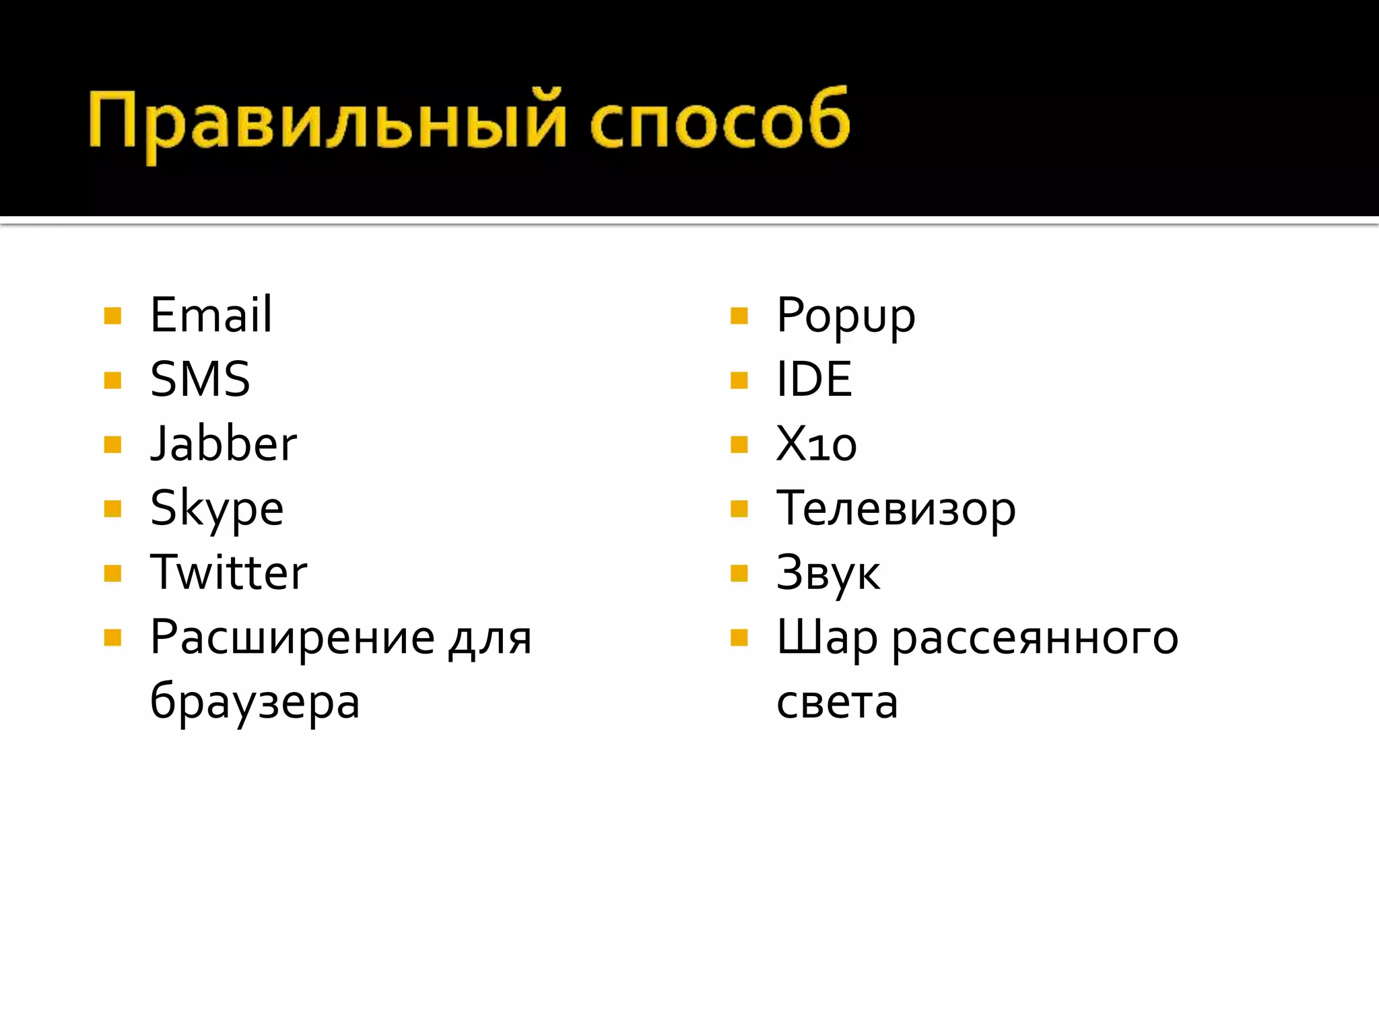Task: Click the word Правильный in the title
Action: [x=327, y=121]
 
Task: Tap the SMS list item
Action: [x=200, y=379]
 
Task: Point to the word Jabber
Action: [x=224, y=444]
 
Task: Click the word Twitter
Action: [x=228, y=572]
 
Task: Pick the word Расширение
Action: [x=293, y=637]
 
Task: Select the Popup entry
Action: [x=846, y=316]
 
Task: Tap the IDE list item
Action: [x=814, y=379]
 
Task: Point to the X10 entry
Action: [x=816, y=444]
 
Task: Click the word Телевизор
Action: [x=896, y=508]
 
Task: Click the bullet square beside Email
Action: [x=113, y=316]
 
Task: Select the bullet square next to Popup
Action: [x=739, y=316]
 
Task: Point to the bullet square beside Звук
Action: [x=739, y=574]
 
